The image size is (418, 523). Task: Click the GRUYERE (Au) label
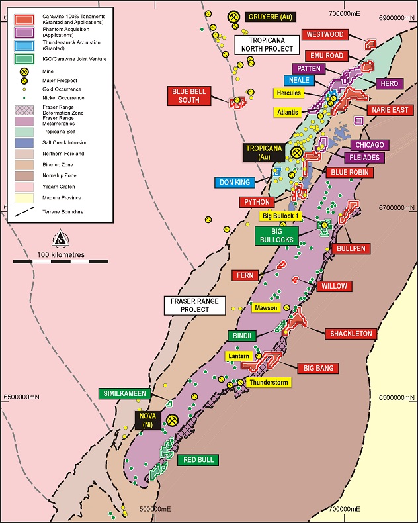(x=271, y=16)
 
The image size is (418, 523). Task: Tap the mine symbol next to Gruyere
(x=233, y=16)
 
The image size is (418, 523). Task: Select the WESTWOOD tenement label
(x=324, y=34)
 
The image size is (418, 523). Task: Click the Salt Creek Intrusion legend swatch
(x=24, y=142)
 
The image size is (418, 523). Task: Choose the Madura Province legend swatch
(x=24, y=197)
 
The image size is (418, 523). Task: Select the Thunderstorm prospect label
(x=269, y=383)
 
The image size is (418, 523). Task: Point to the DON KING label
(x=235, y=182)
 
